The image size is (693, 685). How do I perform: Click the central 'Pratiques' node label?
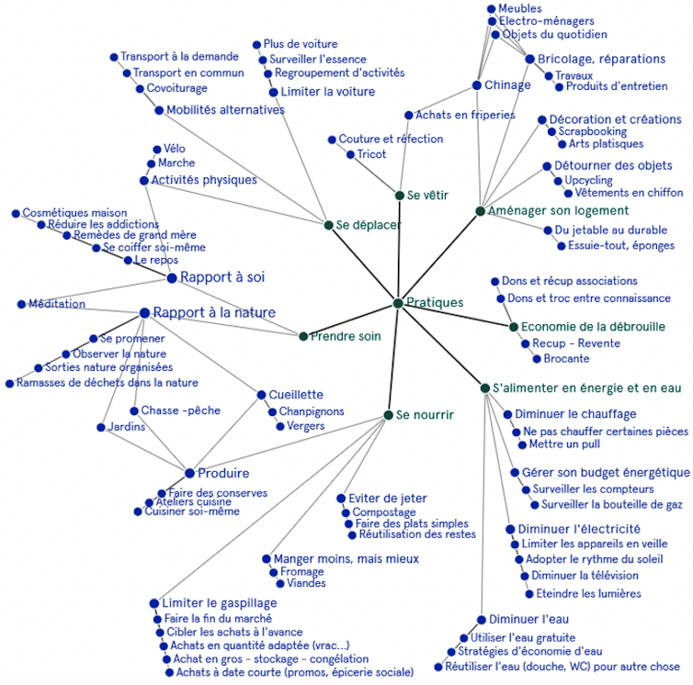point(435,302)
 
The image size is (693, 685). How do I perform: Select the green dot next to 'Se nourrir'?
point(388,416)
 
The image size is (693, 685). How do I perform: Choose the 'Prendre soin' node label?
point(345,336)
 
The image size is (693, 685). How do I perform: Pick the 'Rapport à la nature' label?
point(213,313)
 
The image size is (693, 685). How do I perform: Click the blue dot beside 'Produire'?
point(189,474)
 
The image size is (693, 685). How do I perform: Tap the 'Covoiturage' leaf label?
point(176,89)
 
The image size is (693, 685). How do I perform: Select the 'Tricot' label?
point(371,154)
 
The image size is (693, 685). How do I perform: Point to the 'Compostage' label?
point(384,512)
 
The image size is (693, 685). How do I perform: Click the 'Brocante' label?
point(566,359)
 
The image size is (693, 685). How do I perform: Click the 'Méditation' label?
point(56,304)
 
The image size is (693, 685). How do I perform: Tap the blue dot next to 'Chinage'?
point(476,85)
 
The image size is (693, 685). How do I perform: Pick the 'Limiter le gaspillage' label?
point(219,603)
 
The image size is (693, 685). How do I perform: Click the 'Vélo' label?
point(176,149)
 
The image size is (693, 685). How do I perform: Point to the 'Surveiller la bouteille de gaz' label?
point(612,504)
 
